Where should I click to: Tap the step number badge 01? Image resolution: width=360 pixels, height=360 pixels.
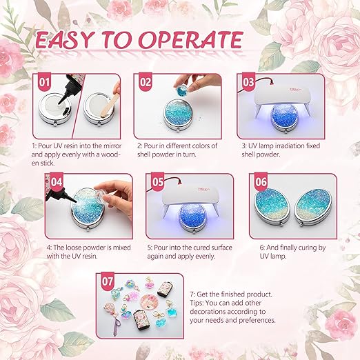coord(45,81)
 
